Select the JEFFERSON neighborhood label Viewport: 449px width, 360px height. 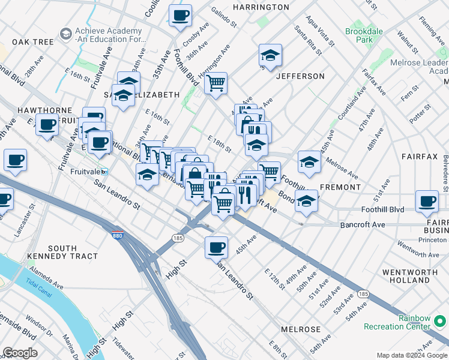[x=300, y=76]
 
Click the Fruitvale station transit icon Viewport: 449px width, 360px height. [x=104, y=172]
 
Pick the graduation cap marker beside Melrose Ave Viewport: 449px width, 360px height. [x=309, y=161]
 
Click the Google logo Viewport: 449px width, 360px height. [x=20, y=353]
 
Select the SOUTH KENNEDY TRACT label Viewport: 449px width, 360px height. [x=62, y=252]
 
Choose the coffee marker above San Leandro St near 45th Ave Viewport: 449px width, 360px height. [x=216, y=246]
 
